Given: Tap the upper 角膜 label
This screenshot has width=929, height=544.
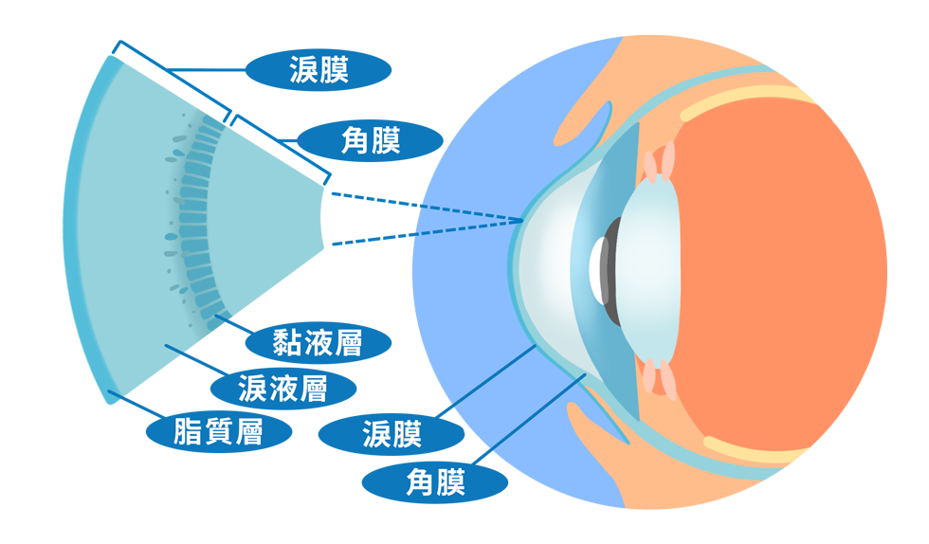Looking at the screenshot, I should (371, 141).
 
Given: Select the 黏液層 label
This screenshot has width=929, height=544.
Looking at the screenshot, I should (318, 342).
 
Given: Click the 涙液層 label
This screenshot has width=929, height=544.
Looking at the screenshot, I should (282, 388).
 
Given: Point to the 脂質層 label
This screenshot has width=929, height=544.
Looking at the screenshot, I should (218, 432).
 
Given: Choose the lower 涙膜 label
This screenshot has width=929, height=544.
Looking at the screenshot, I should (392, 435).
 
